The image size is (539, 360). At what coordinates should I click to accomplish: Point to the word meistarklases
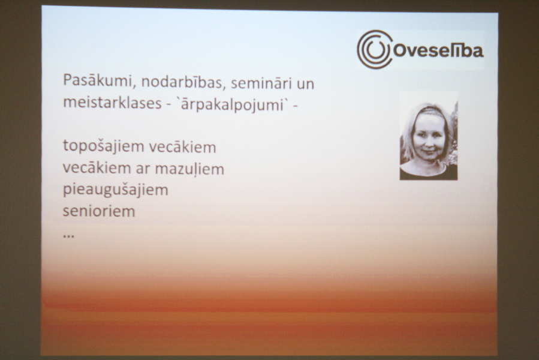[112, 103]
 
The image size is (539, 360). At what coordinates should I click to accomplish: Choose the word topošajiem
[103, 146]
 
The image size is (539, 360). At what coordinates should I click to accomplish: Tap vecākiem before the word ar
[97, 167]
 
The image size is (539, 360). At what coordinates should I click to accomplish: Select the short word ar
[143, 169]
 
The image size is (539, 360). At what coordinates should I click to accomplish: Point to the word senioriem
[99, 211]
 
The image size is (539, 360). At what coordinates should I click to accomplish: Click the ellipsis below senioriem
[69, 236]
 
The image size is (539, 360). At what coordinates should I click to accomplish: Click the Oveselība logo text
[438, 50]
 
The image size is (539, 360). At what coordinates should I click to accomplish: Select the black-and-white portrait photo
[428, 135]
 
